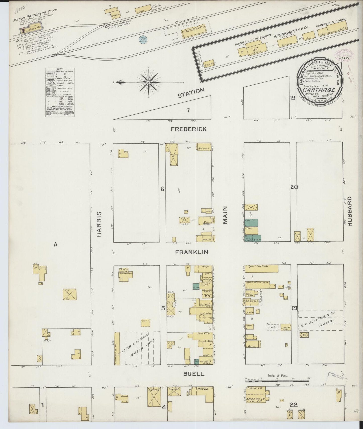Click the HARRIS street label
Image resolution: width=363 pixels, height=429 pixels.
tap(100, 224)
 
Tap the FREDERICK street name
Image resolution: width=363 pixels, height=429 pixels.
tap(188, 129)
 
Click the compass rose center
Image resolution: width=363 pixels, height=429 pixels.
tap(149, 82)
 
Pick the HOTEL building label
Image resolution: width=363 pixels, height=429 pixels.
tap(203, 396)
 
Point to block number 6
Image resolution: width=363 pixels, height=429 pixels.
tap(162, 189)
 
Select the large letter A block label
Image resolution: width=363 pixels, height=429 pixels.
tap(56, 244)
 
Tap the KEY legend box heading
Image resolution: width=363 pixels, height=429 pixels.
tap(60, 69)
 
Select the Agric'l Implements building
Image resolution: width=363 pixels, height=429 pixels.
tap(262, 269)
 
